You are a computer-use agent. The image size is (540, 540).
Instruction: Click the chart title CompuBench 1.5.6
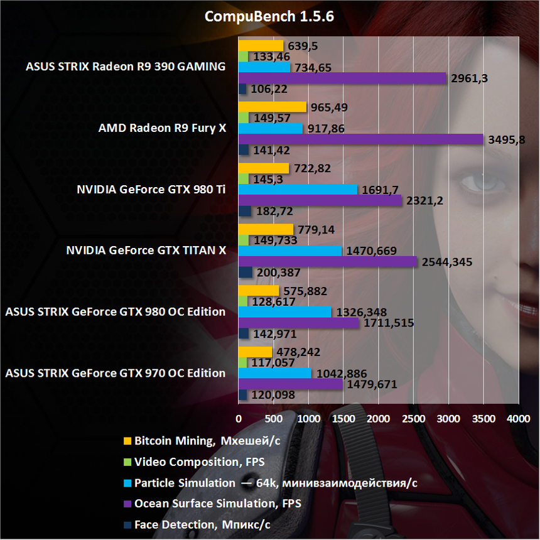coord(269,17)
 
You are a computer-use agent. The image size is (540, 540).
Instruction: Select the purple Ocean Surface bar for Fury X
coord(361,139)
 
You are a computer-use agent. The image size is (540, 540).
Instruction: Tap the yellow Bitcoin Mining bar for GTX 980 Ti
coord(264,168)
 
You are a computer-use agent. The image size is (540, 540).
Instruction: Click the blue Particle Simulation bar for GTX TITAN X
coord(290,251)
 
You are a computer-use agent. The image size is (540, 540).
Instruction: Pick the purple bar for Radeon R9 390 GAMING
coord(342,78)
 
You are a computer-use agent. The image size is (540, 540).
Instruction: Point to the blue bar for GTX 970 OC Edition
coord(275,373)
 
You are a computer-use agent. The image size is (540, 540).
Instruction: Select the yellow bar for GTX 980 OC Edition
coord(259,291)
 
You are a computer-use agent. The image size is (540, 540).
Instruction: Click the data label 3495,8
coord(507,139)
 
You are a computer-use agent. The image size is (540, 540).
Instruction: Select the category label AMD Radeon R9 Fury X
coord(162,128)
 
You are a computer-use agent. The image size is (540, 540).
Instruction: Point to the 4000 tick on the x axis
coord(517,418)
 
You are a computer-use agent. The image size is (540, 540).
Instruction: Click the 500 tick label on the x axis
coord(273,418)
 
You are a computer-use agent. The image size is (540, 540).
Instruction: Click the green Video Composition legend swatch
coord(127,462)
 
